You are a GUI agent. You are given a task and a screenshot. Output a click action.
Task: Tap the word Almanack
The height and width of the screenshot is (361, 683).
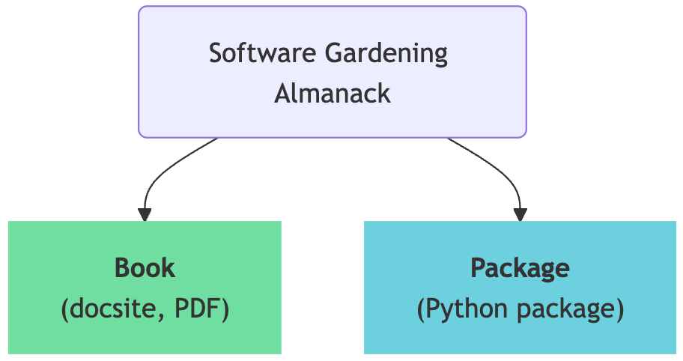point(333,94)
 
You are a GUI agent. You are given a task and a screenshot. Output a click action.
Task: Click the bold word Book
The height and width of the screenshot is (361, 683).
point(145,267)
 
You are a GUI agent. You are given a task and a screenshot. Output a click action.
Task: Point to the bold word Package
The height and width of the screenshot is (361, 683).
point(520,267)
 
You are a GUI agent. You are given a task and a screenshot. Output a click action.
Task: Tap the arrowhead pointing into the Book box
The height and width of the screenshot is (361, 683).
point(145,214)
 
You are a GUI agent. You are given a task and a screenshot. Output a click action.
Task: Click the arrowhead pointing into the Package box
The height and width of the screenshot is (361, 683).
point(520,214)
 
